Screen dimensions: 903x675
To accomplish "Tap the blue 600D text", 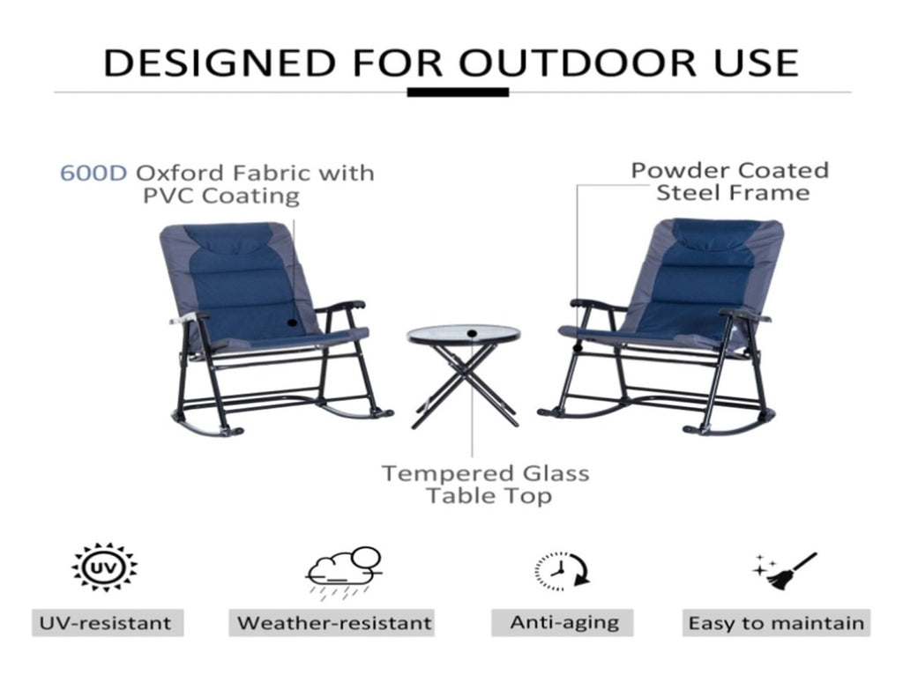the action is tap(93, 173).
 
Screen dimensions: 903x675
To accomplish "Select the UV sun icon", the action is tap(104, 567).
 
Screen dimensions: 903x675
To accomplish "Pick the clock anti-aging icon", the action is tap(562, 571).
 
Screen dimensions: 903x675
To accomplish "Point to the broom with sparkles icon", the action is tap(784, 571).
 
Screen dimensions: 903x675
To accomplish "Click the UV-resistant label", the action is tap(106, 623).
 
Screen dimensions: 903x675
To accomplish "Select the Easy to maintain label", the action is tap(776, 623).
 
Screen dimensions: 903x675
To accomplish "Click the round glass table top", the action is tap(464, 334).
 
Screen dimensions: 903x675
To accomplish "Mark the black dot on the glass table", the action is tap(473, 332).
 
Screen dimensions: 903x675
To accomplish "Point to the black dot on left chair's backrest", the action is tap(293, 323).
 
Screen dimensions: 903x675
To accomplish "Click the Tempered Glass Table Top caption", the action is tap(487, 484).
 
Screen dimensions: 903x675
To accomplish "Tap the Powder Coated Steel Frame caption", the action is tap(730, 182).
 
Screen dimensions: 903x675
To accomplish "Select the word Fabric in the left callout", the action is tap(272, 173).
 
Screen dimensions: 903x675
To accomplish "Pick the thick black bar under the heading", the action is tap(458, 92).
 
